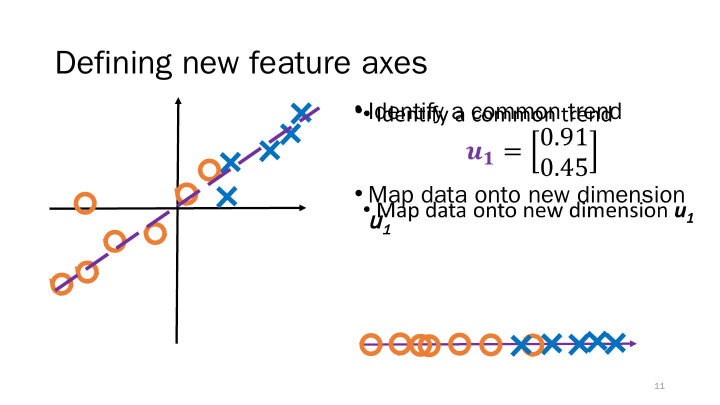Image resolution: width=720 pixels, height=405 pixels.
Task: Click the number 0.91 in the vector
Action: tap(564, 138)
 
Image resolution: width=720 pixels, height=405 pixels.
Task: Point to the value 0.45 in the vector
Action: tap(564, 166)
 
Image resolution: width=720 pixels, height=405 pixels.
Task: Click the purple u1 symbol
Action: tap(479, 152)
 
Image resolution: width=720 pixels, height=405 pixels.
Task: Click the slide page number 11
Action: tap(659, 386)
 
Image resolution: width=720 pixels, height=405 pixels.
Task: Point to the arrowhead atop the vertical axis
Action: tap(177, 100)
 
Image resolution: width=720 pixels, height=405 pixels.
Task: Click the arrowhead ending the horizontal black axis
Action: tap(302, 207)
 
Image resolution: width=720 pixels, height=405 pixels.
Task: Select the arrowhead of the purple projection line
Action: tap(633, 344)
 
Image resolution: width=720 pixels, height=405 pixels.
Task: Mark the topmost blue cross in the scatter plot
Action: tap(301, 112)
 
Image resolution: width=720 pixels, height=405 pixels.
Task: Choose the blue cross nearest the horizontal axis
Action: tap(227, 197)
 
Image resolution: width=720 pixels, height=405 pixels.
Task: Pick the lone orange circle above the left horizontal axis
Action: tap(85, 202)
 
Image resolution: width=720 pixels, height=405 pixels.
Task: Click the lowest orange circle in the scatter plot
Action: tap(62, 284)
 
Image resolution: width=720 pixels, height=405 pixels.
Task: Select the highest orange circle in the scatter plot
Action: tap(209, 170)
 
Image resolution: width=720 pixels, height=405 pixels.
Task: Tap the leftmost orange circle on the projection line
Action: tap(371, 344)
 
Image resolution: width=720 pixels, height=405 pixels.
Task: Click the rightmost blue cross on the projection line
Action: tap(614, 343)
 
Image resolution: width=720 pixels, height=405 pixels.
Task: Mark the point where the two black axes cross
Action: tap(177, 207)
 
